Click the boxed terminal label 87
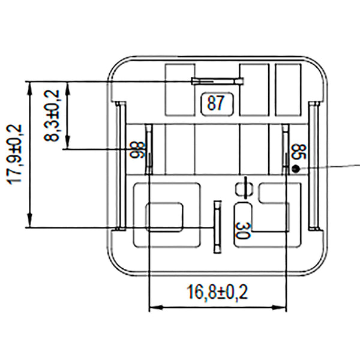coord(215,103)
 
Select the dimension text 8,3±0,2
coord(53,115)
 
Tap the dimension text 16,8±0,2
coord(218,293)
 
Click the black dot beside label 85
coord(295,169)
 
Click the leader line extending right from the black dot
coord(330,166)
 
